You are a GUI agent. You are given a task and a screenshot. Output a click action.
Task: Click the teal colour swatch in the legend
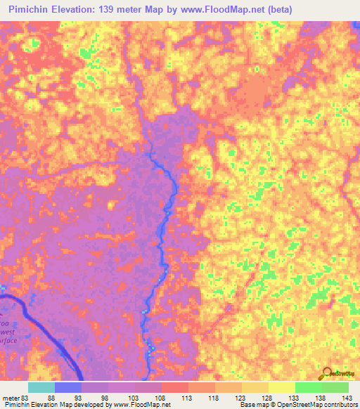[41, 387]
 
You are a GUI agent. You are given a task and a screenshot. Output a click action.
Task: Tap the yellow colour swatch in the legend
[281, 387]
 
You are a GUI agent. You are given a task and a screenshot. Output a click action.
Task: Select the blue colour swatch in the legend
[68, 387]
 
